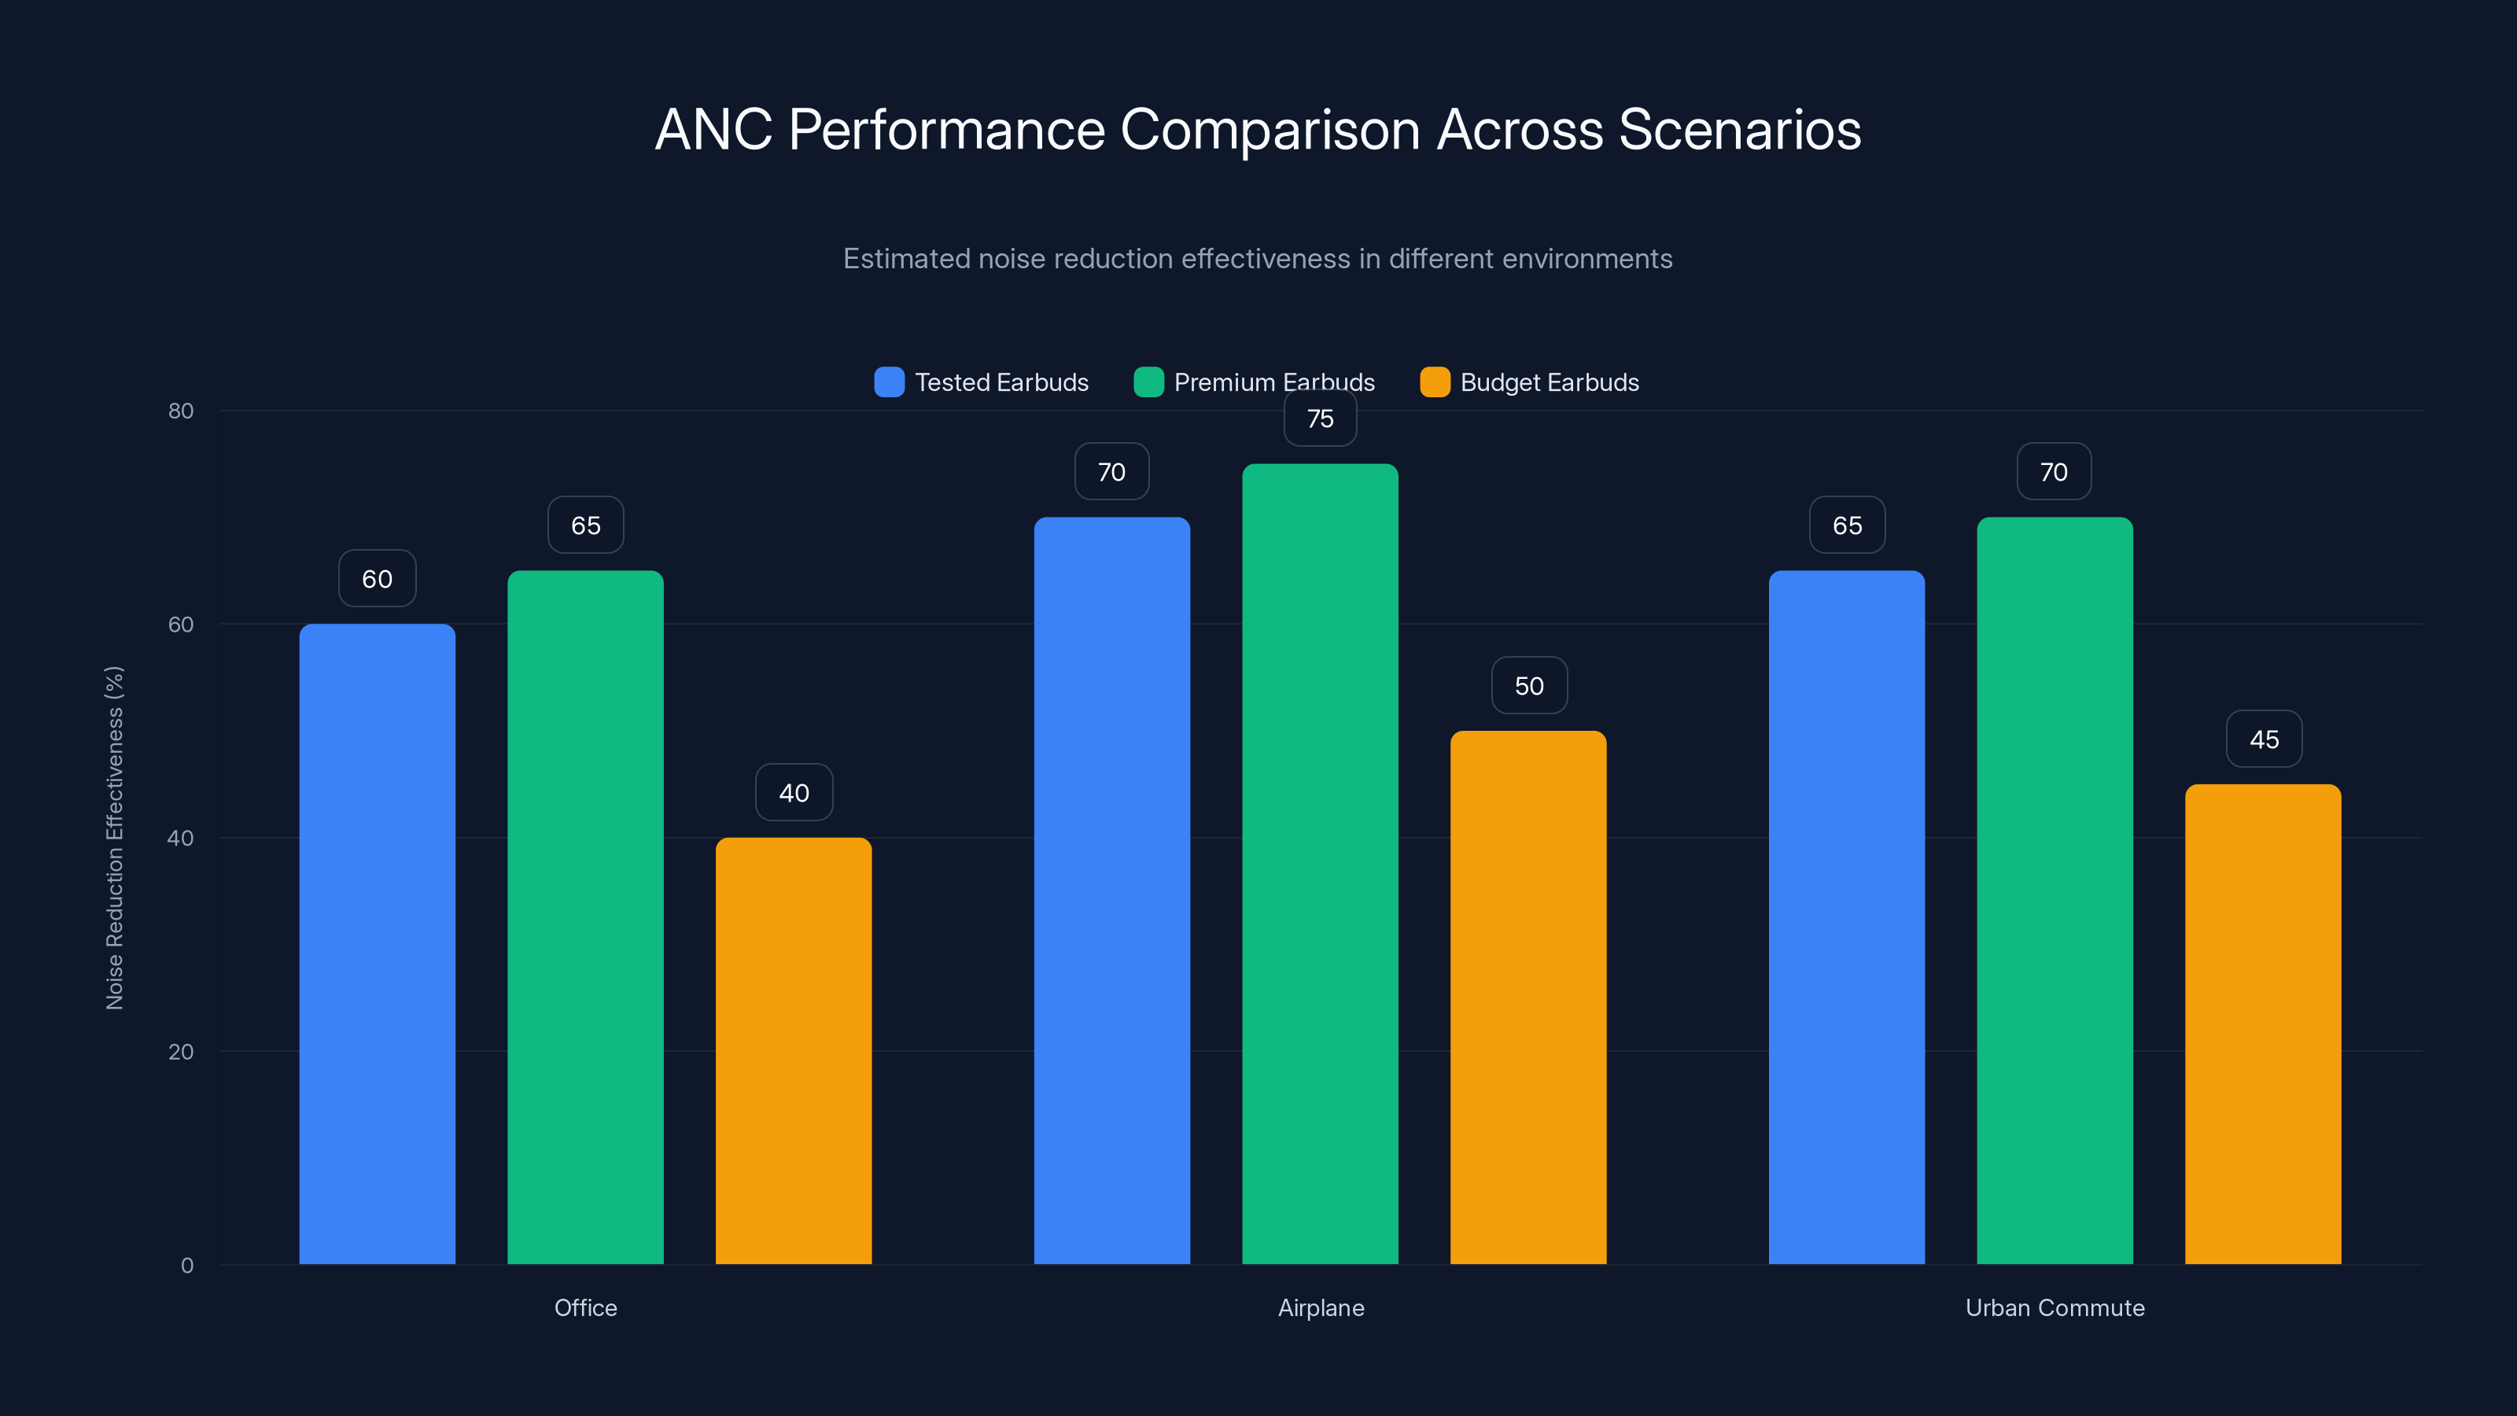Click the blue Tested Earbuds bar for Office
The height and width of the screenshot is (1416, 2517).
point(378,943)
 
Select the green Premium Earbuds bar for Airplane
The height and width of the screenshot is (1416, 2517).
point(1320,864)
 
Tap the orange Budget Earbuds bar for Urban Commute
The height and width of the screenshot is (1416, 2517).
point(2263,1023)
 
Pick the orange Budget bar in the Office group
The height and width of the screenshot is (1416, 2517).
point(794,1050)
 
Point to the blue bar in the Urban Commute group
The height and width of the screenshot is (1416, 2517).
point(1847,916)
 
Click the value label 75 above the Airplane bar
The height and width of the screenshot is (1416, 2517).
point(1320,419)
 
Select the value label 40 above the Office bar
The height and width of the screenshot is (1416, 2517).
point(794,792)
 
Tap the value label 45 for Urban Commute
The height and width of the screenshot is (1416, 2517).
point(2264,739)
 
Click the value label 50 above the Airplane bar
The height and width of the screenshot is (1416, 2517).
point(1529,686)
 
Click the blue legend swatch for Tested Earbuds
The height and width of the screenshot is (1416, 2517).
point(889,382)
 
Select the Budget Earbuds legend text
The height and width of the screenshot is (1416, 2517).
point(1549,382)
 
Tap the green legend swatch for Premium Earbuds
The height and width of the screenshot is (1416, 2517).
point(1148,382)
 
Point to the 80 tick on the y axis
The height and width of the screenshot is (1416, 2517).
point(181,411)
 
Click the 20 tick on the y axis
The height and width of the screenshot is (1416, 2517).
point(181,1052)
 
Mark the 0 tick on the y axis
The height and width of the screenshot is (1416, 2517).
point(186,1266)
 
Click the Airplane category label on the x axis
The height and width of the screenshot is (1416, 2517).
point(1321,1307)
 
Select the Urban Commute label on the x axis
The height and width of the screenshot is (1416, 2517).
point(2055,1307)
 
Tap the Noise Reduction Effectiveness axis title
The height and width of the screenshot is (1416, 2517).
point(114,838)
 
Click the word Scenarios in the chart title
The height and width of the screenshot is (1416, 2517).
point(1739,129)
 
